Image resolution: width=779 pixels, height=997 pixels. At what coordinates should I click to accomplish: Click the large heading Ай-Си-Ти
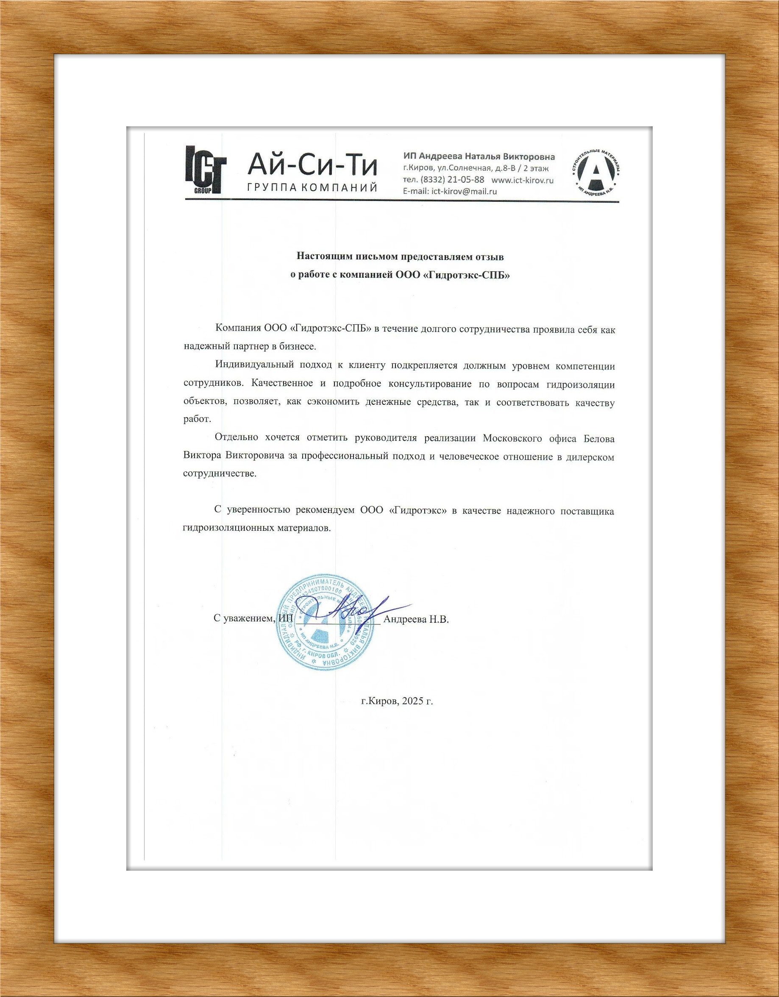(x=313, y=165)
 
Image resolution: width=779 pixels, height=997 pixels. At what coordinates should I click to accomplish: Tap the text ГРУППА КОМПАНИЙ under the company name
(x=312, y=188)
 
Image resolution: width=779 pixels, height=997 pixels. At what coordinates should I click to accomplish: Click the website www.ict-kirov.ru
(x=523, y=180)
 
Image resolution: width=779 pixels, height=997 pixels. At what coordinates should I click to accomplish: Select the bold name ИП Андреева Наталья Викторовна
(x=479, y=156)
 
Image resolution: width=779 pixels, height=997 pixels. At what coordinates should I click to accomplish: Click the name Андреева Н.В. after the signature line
(x=416, y=619)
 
